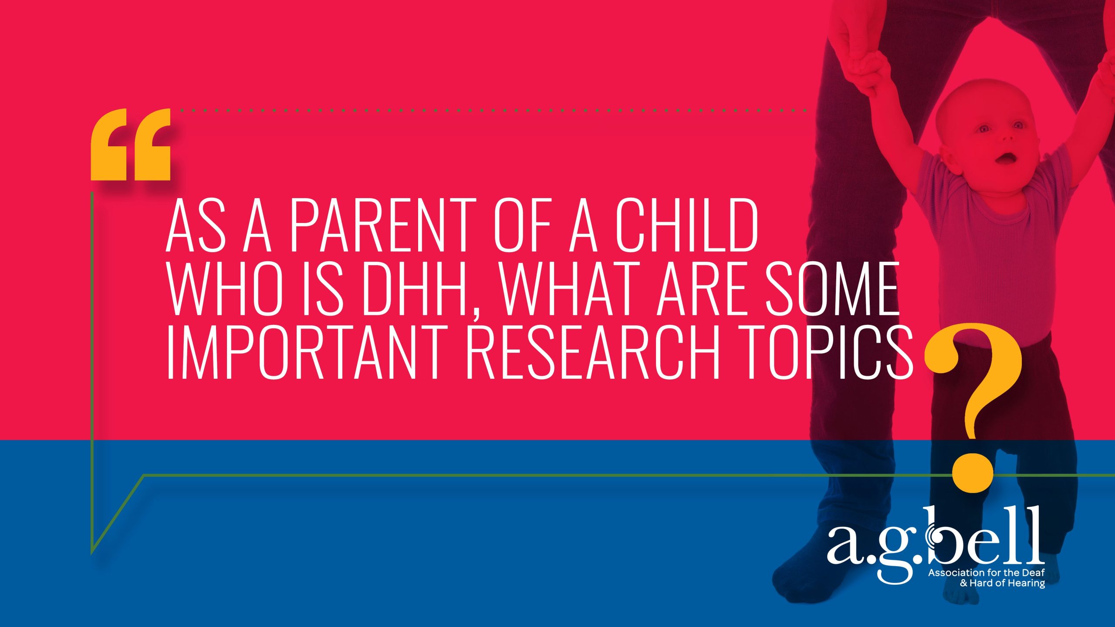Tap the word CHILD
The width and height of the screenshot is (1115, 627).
[687, 225]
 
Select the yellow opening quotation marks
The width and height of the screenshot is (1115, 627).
[130, 145]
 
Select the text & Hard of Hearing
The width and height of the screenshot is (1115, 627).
[1002, 583]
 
